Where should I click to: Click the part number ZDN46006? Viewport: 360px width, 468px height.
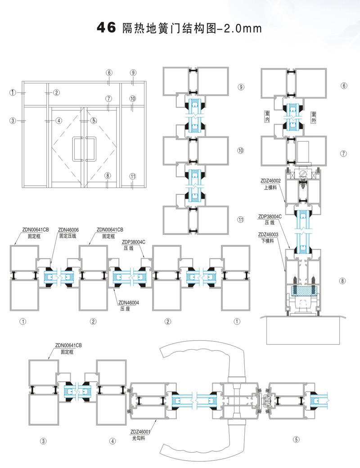[x=69, y=229]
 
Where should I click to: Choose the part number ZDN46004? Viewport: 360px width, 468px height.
[x=128, y=302]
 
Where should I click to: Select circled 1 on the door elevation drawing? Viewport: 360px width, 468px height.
[x=13, y=92]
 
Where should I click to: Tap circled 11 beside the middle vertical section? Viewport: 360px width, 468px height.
[x=241, y=220]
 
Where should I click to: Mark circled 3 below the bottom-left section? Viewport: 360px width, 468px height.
[x=44, y=441]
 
